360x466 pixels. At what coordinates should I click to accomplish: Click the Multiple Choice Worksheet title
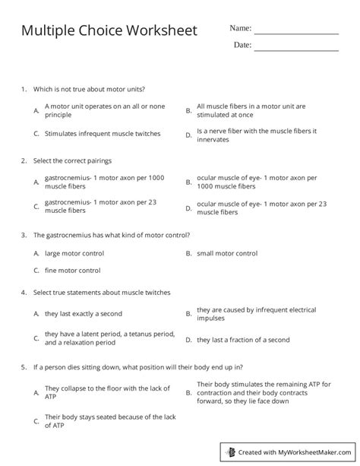109,30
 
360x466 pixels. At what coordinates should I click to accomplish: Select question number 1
25,89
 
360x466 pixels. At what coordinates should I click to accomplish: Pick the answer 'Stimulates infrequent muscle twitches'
103,134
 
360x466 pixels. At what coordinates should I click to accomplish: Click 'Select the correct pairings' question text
73,162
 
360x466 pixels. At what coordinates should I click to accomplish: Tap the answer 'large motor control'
74,253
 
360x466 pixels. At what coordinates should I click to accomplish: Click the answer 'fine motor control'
73,270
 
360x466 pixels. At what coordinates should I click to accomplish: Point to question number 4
25,293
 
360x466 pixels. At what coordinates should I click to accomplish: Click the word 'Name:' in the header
240,28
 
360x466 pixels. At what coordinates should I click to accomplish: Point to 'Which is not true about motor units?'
90,89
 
